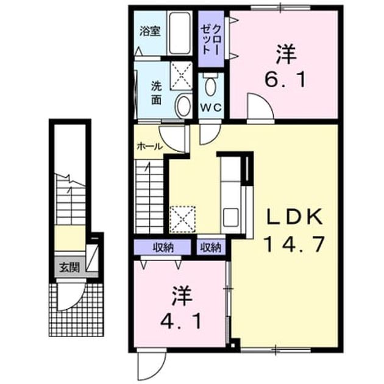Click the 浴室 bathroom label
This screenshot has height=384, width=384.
tap(150, 31)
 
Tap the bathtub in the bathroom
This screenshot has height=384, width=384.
tap(180, 34)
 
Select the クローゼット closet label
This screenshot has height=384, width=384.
tap(211, 40)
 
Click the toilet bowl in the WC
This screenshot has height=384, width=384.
tap(211, 85)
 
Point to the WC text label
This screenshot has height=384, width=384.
tap(211, 107)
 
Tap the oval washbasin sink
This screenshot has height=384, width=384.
tap(183, 107)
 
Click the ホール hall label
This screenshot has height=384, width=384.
tap(149, 146)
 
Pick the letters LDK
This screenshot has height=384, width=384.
tap(294, 216)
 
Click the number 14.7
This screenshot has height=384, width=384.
tap(295, 244)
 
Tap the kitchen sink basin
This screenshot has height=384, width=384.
tap(231, 216)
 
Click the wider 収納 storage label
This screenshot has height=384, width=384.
tap(163, 248)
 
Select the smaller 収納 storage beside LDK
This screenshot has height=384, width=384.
tap(211, 248)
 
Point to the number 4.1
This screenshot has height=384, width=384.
tap(181, 321)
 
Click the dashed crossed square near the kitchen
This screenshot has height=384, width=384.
tap(182, 219)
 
